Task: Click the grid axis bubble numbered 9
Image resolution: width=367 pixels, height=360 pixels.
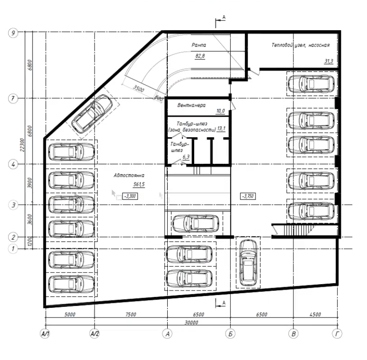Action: tap(13, 32)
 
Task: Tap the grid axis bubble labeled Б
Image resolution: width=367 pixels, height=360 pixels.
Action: tap(230, 334)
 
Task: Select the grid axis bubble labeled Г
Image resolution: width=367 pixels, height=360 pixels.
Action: tap(337, 333)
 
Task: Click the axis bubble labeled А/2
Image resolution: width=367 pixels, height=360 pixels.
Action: tap(95, 333)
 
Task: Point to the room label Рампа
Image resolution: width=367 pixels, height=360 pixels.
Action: tap(199, 45)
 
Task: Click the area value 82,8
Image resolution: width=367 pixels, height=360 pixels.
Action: tap(200, 56)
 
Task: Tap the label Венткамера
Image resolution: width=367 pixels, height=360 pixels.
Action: tap(191, 105)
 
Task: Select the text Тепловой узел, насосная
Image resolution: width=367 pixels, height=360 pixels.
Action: tap(301, 45)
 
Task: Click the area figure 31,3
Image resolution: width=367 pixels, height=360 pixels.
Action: tap(329, 61)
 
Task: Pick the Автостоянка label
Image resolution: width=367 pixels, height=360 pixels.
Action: tap(129, 175)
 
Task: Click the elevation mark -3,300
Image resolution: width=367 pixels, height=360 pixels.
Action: tap(130, 196)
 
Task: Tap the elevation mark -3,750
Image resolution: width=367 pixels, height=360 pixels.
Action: tap(248, 196)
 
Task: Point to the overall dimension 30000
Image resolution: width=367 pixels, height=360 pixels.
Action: tap(191, 322)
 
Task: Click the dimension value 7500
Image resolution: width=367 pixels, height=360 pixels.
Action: tap(130, 314)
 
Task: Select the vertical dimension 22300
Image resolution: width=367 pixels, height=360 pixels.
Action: tap(22, 145)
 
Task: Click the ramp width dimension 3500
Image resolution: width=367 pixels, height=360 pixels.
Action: tap(138, 88)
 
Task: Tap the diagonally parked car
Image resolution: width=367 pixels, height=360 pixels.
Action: tap(92, 114)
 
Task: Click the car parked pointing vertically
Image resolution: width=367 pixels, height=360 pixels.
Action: tap(248, 263)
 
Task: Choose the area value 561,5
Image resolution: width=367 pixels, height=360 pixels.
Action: tap(139, 184)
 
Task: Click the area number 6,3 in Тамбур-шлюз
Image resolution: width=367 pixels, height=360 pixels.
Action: tap(186, 157)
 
